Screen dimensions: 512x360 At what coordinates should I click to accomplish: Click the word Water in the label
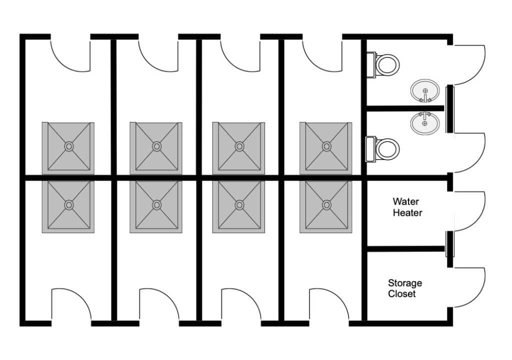pos(405,201)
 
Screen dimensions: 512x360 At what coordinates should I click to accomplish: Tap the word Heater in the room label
pos(407,212)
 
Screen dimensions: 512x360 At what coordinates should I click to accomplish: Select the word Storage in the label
pos(405,283)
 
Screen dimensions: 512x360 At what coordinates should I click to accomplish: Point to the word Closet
pos(401,293)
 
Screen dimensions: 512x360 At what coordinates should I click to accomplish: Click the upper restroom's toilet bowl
pos(387,64)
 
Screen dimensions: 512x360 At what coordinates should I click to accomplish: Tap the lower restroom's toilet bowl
pos(387,149)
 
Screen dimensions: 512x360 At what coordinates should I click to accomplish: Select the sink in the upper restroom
pos(425,91)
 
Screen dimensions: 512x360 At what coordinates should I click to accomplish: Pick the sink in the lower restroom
pos(425,123)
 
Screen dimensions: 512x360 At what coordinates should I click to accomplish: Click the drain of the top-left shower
pos(69,146)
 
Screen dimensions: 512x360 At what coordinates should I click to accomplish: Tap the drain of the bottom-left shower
pos(69,205)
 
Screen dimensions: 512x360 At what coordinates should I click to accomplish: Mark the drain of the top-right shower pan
pos(326,146)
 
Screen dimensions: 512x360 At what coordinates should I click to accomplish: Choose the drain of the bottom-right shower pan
pos(326,205)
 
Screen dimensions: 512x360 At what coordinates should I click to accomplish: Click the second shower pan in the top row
pos(156,148)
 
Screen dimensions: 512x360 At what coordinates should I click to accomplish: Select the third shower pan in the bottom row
pos(238,207)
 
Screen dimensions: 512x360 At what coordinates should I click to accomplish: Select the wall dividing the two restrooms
pos(405,108)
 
